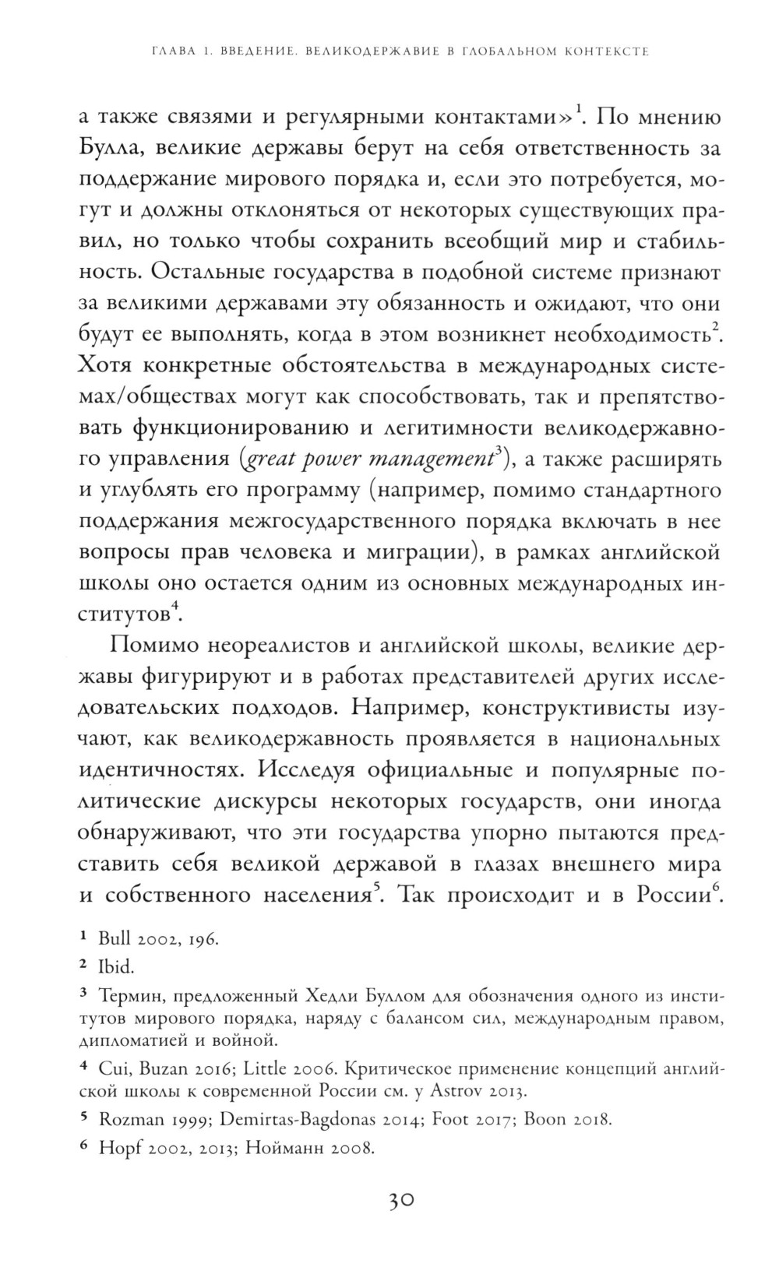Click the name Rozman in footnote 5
(x=129, y=1121)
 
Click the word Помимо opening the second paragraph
(x=153, y=645)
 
